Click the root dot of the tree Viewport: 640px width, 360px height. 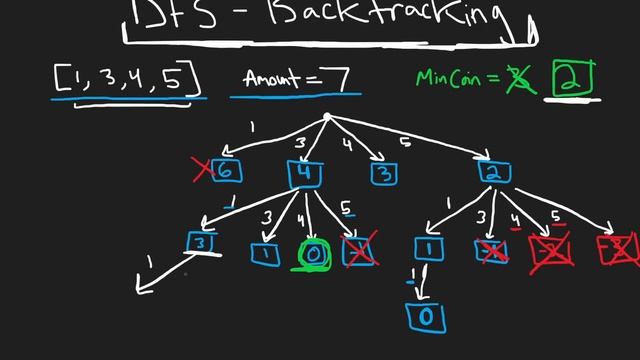tap(327, 118)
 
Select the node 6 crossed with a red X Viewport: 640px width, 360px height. tap(225, 171)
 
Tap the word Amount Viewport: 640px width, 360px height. tap(269, 77)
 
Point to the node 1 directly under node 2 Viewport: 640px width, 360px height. tap(427, 247)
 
